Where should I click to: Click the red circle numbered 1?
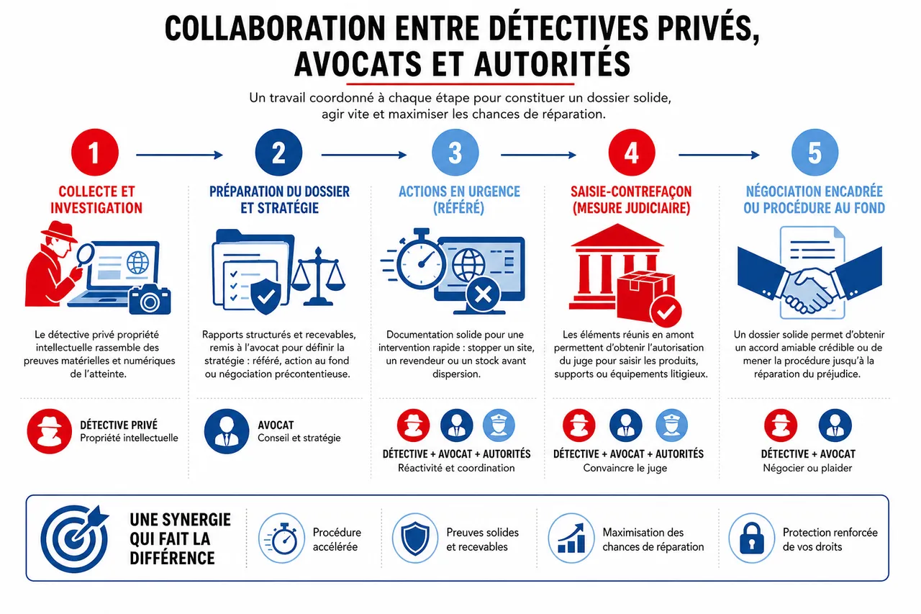(x=95, y=153)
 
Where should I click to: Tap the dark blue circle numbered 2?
(x=278, y=153)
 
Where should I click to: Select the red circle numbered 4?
(x=632, y=153)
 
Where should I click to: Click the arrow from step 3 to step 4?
(x=539, y=155)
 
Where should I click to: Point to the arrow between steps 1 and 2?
(x=180, y=155)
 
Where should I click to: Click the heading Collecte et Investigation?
(x=96, y=199)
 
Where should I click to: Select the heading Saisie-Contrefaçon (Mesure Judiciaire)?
(x=631, y=199)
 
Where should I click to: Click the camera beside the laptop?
(x=150, y=300)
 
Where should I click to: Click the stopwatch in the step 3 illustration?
(x=419, y=259)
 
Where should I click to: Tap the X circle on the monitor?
(x=483, y=295)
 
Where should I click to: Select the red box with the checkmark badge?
(x=647, y=297)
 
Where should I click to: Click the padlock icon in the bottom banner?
(x=752, y=538)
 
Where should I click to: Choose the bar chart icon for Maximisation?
(x=571, y=538)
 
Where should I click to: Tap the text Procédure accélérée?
(x=337, y=540)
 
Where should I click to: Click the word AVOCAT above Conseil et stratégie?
(x=276, y=425)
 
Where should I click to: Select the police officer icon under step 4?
(x=671, y=425)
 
